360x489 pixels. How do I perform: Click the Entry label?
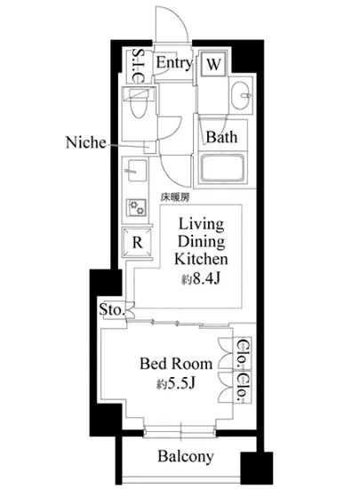174,63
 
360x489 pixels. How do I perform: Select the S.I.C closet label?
137,66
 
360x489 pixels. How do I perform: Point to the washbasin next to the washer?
242,95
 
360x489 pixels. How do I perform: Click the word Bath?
221,137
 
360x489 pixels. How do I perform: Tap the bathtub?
222,168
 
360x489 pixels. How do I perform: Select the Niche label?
85,142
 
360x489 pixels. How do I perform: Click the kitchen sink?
135,171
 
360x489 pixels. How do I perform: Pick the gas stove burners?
137,207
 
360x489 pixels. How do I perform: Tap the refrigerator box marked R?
137,243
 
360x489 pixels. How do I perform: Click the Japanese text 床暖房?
175,197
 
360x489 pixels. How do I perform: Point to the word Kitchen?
201,260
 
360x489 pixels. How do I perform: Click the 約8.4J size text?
201,279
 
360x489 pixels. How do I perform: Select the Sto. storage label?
112,309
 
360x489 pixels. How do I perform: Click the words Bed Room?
176,364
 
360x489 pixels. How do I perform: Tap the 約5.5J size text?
176,384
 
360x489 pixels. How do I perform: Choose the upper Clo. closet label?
243,354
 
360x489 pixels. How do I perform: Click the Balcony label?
186,457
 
